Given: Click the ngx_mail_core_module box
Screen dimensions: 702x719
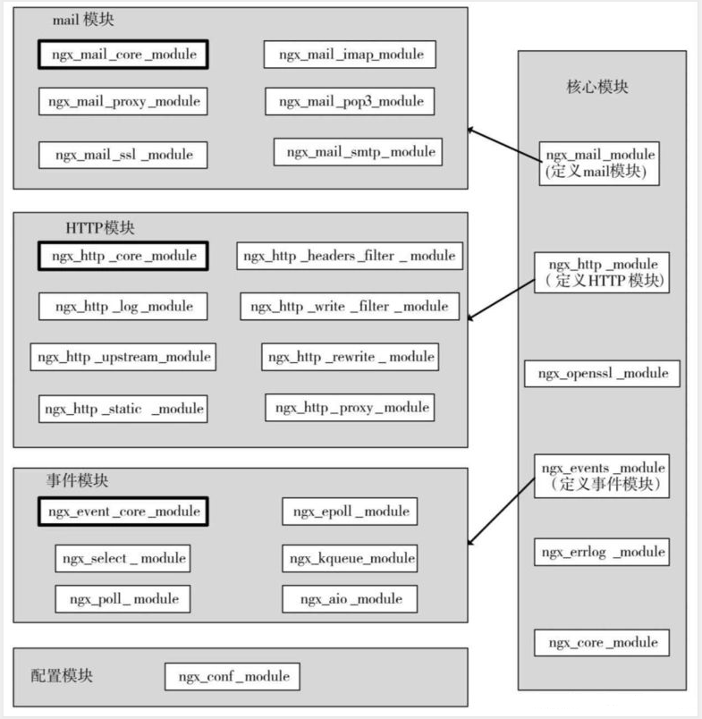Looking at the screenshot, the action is [123, 55].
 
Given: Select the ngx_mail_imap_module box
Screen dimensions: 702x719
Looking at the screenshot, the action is [350, 55].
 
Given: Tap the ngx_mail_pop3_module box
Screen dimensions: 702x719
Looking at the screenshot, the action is [350, 101].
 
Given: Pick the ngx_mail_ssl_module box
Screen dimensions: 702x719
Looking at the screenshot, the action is [123, 155].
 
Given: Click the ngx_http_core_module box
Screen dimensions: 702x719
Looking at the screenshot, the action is [123, 256].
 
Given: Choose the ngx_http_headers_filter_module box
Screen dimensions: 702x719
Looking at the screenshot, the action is [350, 256].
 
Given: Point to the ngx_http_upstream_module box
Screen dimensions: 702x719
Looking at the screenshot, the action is [123, 357].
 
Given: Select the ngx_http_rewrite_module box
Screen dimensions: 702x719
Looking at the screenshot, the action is [350, 357].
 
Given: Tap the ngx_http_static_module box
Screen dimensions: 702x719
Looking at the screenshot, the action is [123, 409].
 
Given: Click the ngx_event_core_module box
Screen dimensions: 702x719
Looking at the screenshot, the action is [123, 512].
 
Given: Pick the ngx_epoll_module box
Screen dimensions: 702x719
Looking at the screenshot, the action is [350, 512].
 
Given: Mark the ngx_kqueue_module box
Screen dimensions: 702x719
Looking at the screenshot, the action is [350, 559].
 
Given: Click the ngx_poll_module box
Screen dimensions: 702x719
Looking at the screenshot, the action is [123, 599].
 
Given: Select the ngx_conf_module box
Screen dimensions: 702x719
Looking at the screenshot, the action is [232, 676].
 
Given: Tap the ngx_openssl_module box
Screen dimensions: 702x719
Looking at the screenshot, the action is [602, 373].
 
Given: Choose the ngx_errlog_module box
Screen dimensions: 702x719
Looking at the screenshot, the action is [602, 552].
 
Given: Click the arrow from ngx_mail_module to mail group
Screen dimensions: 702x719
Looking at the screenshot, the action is [503, 145].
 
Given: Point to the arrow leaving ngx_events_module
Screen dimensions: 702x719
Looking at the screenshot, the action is [501, 512].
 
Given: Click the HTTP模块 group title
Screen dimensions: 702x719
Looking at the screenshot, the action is [100, 228].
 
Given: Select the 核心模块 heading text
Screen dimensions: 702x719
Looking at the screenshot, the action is [597, 87].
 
